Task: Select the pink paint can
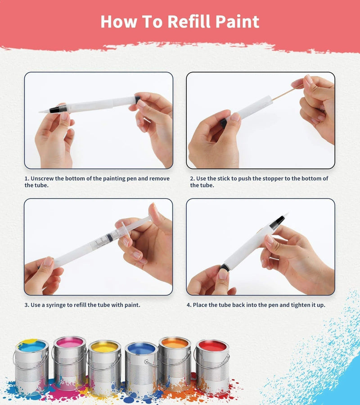pyautogui.click(x=69, y=362)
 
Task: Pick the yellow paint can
pyautogui.click(x=104, y=367)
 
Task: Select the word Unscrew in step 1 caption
pyautogui.click(x=45, y=179)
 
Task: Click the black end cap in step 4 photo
pyautogui.click(x=224, y=267)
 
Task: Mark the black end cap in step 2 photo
pyautogui.click(x=223, y=122)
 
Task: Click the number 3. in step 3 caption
pyautogui.click(x=27, y=305)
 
